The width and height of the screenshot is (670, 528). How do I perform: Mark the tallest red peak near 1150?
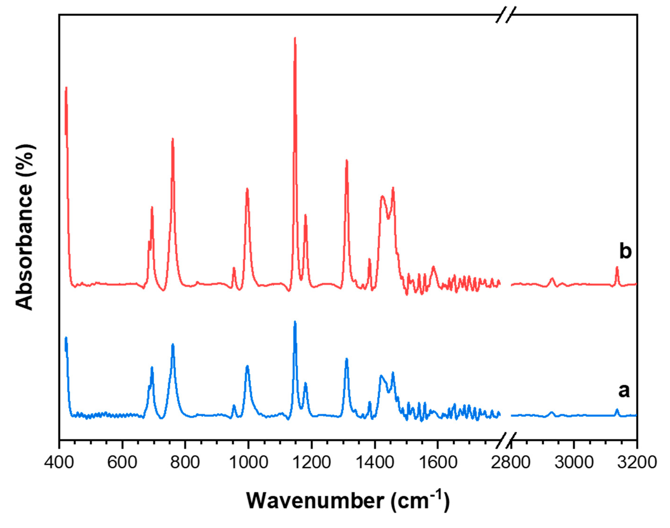point(295,38)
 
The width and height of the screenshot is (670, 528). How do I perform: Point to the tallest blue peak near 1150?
point(295,322)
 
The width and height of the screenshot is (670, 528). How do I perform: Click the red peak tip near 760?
point(173,139)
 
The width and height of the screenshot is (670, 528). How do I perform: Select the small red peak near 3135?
point(617,267)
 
